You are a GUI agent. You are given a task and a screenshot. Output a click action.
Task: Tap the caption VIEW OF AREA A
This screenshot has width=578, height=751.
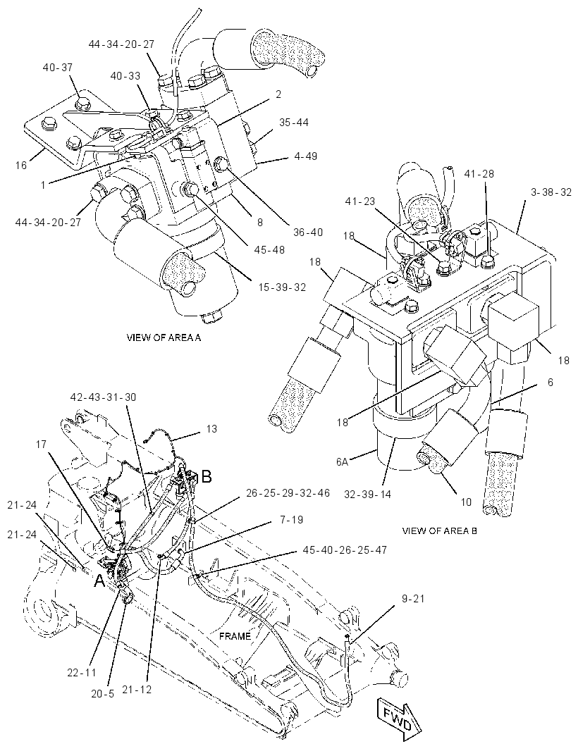coord(164,337)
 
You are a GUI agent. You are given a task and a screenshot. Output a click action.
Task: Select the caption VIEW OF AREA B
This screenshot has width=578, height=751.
coord(439,530)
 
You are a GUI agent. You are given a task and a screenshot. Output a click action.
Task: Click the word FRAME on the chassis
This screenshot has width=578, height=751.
coord(235,636)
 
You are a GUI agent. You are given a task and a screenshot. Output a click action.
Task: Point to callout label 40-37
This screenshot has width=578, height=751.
coord(58,68)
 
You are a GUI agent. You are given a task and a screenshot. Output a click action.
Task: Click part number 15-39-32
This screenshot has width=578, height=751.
coord(282,287)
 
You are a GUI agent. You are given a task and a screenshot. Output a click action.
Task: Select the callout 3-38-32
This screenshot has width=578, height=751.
coord(551,192)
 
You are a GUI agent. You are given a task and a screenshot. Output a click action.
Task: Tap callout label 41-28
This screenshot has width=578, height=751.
coord(479,173)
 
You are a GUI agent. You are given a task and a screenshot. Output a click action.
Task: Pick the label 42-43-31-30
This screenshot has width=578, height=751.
coord(103,397)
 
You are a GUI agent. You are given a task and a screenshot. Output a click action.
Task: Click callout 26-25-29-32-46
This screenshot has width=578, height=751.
coord(288,493)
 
